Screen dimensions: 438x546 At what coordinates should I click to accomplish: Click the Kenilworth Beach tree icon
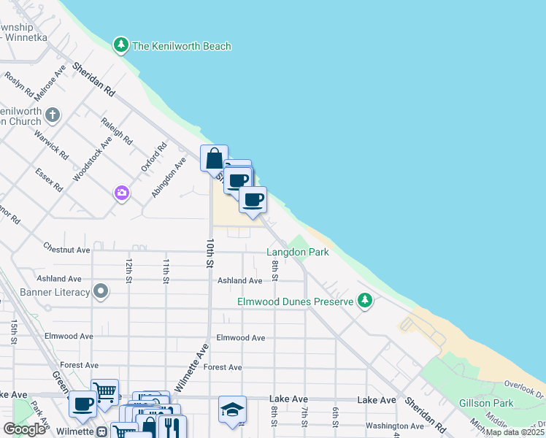[121, 45]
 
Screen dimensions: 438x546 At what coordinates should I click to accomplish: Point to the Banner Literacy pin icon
[101, 293]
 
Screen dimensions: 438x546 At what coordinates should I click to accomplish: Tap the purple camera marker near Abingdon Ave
[121, 193]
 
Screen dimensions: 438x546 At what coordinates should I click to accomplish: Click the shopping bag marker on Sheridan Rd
[214, 158]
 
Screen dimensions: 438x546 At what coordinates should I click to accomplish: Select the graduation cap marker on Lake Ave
[232, 409]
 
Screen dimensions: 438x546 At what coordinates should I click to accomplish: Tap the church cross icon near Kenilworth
[52, 115]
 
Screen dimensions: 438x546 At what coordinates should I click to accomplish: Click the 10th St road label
[209, 252]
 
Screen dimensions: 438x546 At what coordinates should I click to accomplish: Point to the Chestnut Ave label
[66, 249]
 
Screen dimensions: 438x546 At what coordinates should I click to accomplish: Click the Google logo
[25, 429]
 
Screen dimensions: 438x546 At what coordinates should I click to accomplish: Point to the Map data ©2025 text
[513, 432]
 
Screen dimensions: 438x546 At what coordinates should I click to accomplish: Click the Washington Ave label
[394, 426]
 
